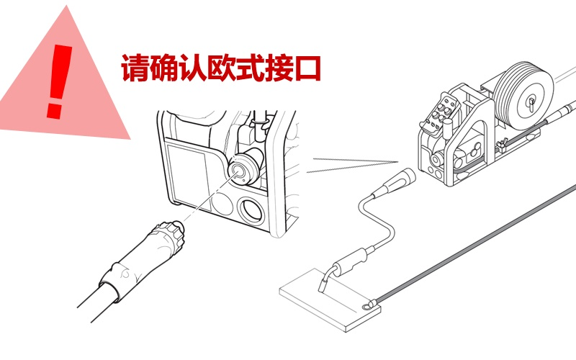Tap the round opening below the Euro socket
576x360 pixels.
(251, 210)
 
